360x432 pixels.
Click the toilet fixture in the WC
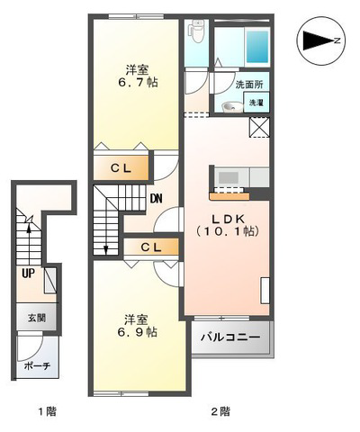196,31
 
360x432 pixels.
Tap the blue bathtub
257,46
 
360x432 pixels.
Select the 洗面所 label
249,85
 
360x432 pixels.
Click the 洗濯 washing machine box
256,103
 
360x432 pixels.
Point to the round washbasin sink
230,107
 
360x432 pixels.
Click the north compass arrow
319,40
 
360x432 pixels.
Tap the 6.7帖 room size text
138,82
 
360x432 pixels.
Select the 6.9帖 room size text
137,332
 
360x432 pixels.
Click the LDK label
229,219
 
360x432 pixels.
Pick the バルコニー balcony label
230,337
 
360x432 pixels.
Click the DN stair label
157,198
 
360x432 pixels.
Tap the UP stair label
28,273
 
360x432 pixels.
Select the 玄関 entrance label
37,318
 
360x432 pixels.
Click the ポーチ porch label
37,365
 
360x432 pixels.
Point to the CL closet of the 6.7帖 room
121,168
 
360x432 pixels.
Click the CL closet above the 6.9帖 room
151,247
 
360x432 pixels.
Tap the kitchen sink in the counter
229,177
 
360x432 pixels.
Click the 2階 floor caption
220,411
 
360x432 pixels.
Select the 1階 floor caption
47,411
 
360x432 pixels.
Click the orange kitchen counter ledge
229,196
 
